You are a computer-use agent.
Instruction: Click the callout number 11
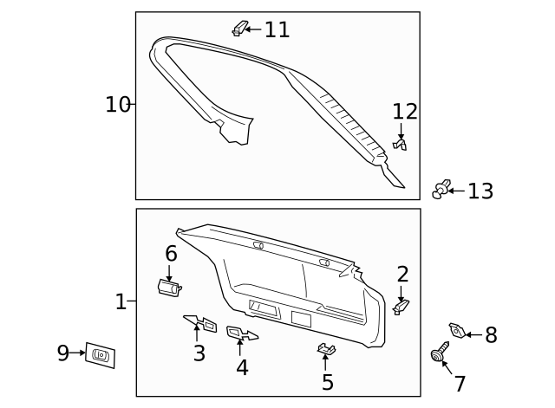(x=277, y=29)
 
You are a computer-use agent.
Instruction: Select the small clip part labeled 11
(x=240, y=29)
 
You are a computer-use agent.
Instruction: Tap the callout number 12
(x=405, y=112)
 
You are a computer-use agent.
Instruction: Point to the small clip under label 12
(x=400, y=145)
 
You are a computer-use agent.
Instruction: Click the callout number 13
(x=480, y=191)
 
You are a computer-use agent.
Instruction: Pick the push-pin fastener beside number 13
(x=442, y=188)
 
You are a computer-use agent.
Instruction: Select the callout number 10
(x=117, y=105)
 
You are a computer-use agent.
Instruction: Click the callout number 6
(x=171, y=254)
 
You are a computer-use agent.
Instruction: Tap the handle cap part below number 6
(x=168, y=287)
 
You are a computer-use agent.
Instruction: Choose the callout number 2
(x=402, y=275)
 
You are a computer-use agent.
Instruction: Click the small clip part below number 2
(x=401, y=306)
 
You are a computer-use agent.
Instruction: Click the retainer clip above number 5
(x=326, y=349)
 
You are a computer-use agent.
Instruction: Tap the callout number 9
(x=63, y=353)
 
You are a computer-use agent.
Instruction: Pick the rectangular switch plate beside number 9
(x=100, y=354)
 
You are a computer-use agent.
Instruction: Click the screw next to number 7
(x=439, y=354)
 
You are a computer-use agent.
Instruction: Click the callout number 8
(x=491, y=335)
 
